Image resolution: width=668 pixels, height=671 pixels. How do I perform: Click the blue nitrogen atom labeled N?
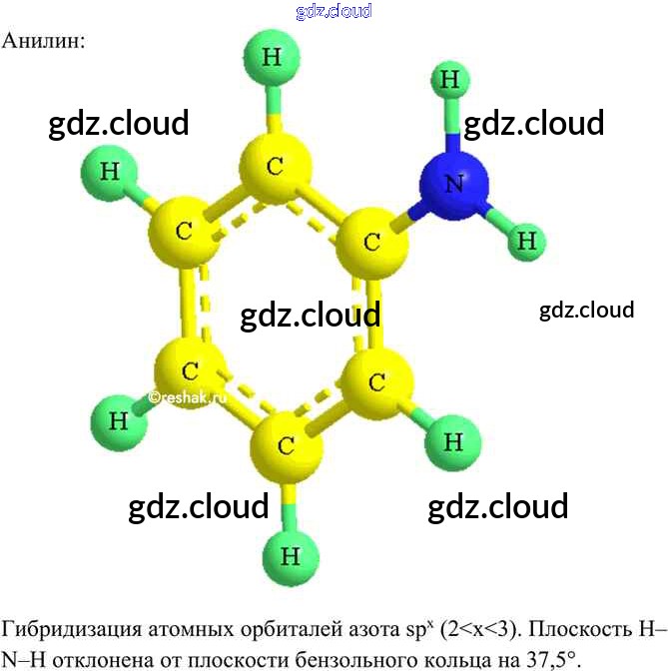click(454, 183)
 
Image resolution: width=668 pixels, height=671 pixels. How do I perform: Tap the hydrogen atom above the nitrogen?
click(450, 81)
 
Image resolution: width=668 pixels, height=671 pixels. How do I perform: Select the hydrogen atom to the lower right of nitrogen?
click(525, 240)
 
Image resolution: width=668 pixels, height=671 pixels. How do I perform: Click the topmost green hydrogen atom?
click(271, 57)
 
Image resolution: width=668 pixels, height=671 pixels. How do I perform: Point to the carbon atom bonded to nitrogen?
click(370, 242)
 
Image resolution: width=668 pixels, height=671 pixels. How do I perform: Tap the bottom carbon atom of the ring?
click(286, 446)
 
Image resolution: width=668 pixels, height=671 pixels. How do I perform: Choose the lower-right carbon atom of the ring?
click(376, 382)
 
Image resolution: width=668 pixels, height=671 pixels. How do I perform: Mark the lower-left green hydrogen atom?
click(119, 420)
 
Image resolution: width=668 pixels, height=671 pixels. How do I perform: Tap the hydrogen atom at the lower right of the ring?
click(452, 440)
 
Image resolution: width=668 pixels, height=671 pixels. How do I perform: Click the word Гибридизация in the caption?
click(70, 630)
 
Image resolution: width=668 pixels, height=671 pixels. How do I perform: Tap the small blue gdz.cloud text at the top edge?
click(334, 11)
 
